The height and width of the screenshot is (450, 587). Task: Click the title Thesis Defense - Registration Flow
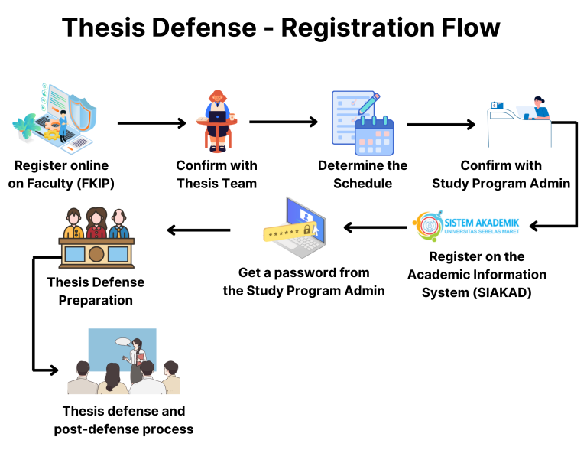[281, 28]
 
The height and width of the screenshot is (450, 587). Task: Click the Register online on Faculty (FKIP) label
[61, 174]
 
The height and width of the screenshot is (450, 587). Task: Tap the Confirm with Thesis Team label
[216, 174]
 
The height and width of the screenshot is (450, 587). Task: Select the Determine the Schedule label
[362, 174]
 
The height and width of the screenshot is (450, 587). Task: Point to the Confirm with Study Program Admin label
[501, 174]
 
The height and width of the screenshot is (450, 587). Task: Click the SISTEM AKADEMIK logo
[466, 226]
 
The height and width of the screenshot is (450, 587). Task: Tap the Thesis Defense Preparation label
[96, 291]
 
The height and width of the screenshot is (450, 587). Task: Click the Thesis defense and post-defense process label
[123, 420]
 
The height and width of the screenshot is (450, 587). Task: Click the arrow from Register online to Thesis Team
[152, 123]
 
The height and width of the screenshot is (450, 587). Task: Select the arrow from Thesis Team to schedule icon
[283, 122]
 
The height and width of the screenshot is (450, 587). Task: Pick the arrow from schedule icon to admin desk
[440, 123]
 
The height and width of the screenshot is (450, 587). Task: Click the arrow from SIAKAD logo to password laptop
[375, 227]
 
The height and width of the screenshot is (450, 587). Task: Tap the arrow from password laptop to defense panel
[198, 230]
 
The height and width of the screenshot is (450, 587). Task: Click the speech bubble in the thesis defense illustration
[123, 341]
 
